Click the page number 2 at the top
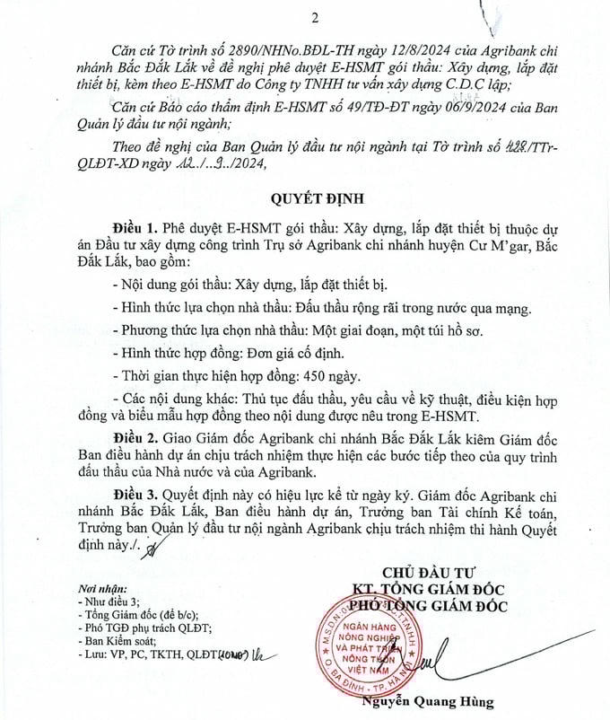coord(314,18)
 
